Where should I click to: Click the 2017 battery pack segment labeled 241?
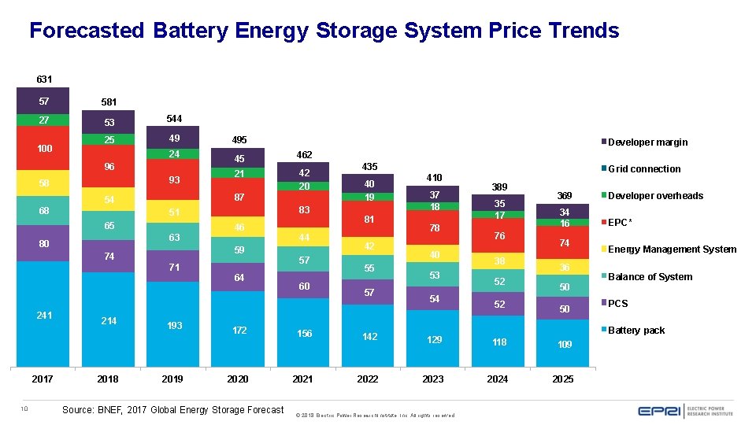43,315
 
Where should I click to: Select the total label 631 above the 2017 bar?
44,79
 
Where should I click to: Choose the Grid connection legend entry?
644,169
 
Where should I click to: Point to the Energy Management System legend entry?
672,249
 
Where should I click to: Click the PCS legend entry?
618,304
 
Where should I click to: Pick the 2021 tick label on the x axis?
302,379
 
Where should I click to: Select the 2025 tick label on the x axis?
562,379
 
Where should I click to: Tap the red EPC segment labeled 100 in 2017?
43,149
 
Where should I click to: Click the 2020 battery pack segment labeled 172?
238,330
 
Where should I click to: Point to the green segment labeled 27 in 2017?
43,120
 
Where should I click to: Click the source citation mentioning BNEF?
172,409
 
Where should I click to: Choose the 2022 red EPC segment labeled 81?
368,220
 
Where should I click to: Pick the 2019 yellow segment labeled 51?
173,213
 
